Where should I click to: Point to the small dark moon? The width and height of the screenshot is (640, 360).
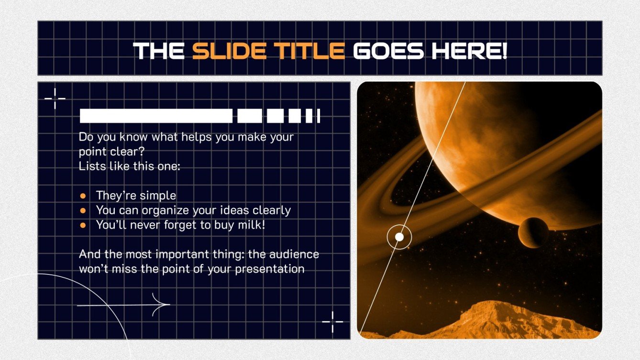click(533, 232)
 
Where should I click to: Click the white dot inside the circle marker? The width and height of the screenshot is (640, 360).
click(399, 237)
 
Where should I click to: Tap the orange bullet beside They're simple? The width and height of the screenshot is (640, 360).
click(83, 196)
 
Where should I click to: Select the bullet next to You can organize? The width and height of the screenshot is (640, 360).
click(83, 210)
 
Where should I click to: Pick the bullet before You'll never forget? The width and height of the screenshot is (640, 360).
click(83, 225)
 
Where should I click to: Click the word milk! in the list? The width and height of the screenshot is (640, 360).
click(251, 225)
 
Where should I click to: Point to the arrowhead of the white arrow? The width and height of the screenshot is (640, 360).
click(165, 305)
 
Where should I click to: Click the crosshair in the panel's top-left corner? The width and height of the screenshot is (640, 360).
click(55, 98)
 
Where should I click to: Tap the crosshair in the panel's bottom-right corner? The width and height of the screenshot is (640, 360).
click(332, 321)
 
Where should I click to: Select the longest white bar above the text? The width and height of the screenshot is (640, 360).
click(156, 116)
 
